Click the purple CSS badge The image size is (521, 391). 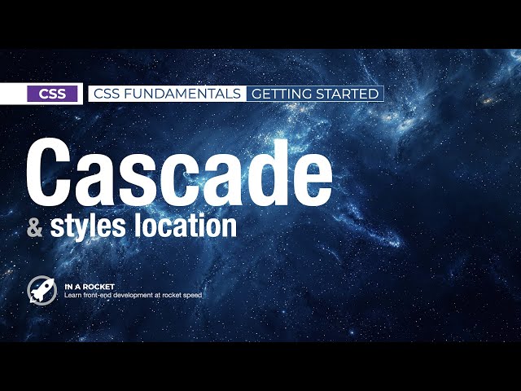tap(53, 94)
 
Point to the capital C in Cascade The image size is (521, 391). tap(56, 174)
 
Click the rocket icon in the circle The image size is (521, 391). tap(42, 289)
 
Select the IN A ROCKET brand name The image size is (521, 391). tap(90, 286)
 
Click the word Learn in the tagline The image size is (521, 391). tap(72, 295)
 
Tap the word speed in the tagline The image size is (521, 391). tap(191, 295)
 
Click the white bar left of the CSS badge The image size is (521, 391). tap(13, 94)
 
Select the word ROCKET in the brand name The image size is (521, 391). tap(99, 286)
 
